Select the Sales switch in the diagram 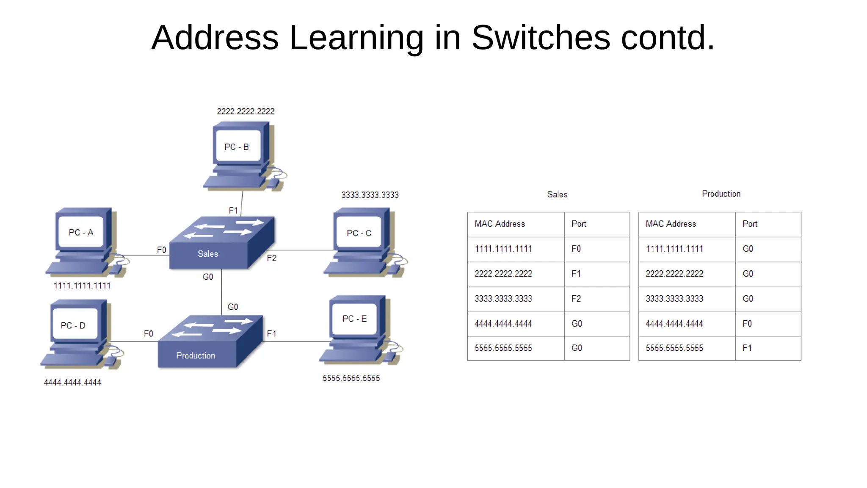click(221, 244)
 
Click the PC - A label click(81, 233)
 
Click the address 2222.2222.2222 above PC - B click(246, 111)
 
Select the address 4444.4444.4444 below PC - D click(72, 383)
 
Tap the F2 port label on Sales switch click(271, 258)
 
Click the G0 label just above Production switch click(233, 307)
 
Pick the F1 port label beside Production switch click(271, 334)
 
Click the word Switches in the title click(541, 38)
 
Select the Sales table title click(557, 194)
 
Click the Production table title click(721, 194)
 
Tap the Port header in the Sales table click(579, 224)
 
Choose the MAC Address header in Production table click(671, 224)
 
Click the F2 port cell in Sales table click(576, 299)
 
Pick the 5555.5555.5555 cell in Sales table click(503, 348)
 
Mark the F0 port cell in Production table click(747, 324)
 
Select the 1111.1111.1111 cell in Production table click(674, 249)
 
